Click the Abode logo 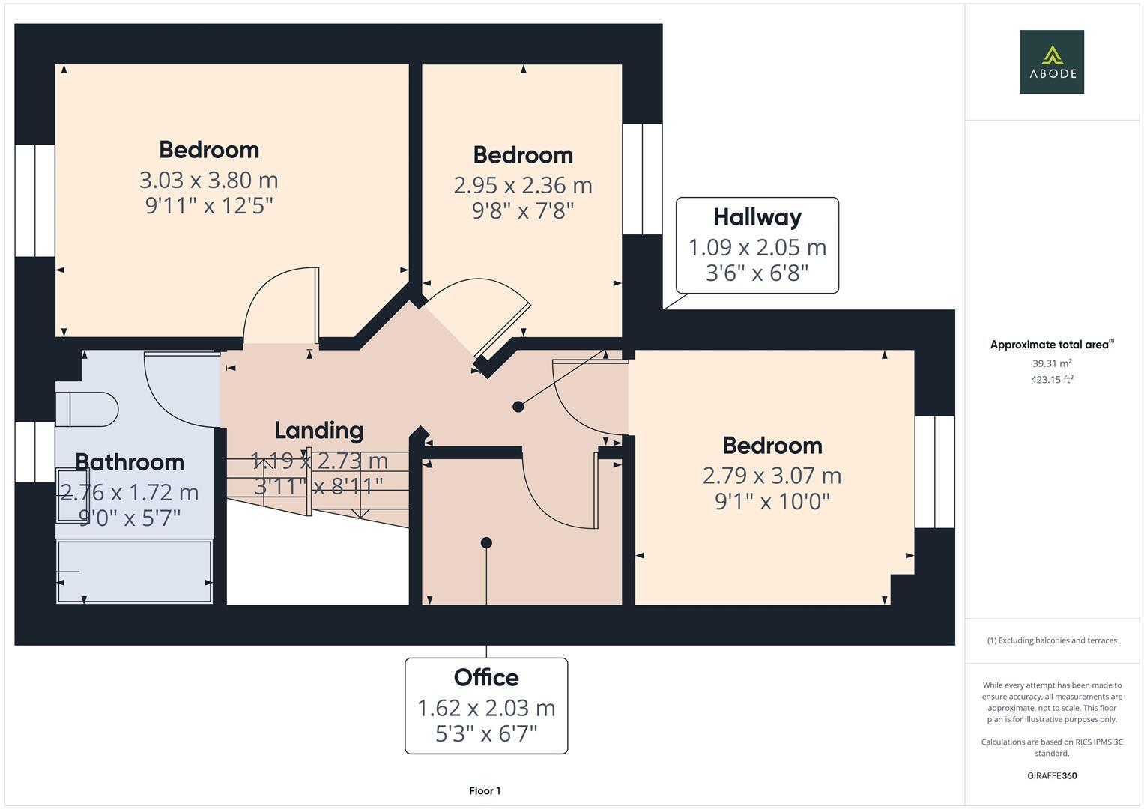coord(1051,61)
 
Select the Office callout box coord(486,705)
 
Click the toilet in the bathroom coord(88,409)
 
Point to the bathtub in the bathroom coord(135,571)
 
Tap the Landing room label coord(318,431)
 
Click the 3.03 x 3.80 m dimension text coord(208,181)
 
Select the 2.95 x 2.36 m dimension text coord(522,186)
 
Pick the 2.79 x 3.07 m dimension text coord(772,476)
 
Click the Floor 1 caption coord(485,790)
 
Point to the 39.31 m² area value coord(1051,363)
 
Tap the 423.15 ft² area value coord(1051,380)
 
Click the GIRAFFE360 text coord(1051,775)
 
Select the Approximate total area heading coord(1051,345)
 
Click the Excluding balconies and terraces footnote coord(1051,640)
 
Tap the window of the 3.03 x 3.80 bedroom coord(34,200)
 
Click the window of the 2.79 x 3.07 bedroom coord(934,472)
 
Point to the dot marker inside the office coord(486,542)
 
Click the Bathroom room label coord(130,462)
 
